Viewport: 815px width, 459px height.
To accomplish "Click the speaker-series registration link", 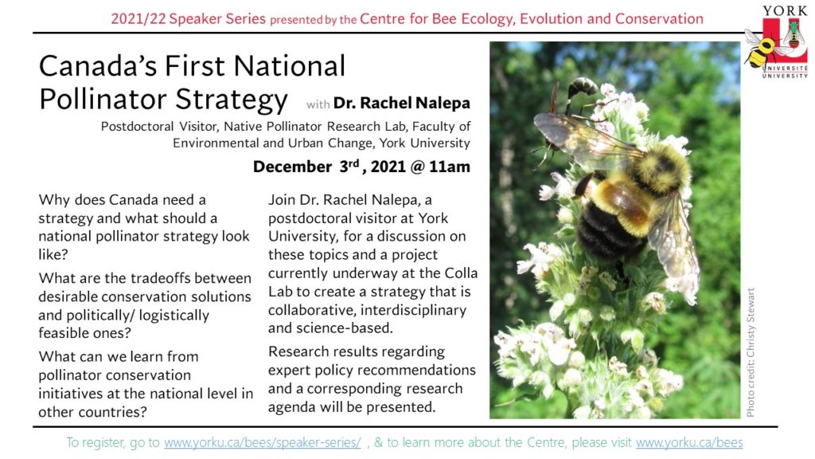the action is pos(263,442).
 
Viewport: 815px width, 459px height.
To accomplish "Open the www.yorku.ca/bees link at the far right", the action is pos(689,442).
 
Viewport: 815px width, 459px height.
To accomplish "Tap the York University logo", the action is pos(777,43).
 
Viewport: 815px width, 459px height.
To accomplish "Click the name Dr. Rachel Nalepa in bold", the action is pos(402,103).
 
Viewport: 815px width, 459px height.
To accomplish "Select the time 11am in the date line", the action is pos(450,167).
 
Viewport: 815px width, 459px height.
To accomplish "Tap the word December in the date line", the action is pos(292,167).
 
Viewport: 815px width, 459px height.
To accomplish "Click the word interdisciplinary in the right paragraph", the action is pos(413,310).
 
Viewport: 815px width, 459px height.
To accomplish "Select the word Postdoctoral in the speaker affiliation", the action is pos(137,127).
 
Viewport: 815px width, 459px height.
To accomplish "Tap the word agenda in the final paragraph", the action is pos(292,407).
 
